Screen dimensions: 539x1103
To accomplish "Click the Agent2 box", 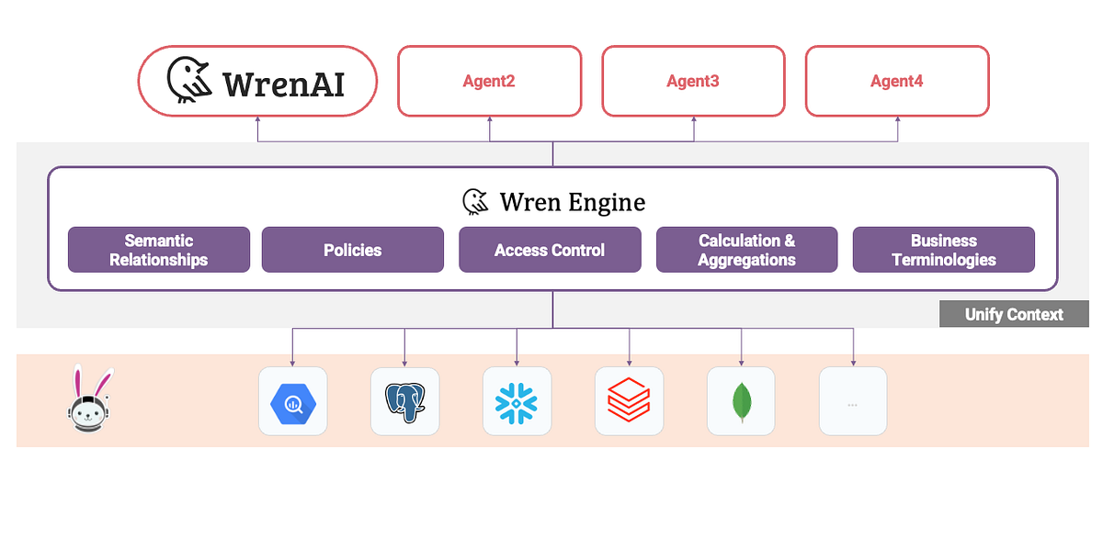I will coord(489,82).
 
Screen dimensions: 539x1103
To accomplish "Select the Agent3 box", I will coord(693,82).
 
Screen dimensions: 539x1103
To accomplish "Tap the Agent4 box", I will coord(897,82).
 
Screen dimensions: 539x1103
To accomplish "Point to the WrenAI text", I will coord(283,84).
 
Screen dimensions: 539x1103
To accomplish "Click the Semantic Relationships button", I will coord(159,250).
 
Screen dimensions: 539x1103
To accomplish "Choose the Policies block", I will coord(352,250).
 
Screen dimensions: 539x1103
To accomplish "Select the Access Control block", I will coord(550,250).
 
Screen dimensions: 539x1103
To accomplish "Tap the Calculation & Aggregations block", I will coord(746,250).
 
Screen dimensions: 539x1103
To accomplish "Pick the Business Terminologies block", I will coord(943,250).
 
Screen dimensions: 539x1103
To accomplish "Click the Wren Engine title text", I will coord(572,202).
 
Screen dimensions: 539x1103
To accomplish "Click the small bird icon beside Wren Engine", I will coord(475,202).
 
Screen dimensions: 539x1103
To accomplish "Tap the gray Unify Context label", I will coord(1013,314).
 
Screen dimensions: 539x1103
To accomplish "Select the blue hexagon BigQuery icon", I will coord(292,401).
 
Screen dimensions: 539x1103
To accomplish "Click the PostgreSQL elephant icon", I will coord(404,401).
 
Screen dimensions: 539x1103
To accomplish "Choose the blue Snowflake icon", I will coord(517,401).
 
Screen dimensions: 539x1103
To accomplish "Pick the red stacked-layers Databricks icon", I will coord(629,401).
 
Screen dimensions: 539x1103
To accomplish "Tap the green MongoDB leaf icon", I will coord(741,401).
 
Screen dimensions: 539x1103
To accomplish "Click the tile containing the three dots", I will coord(853,401).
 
